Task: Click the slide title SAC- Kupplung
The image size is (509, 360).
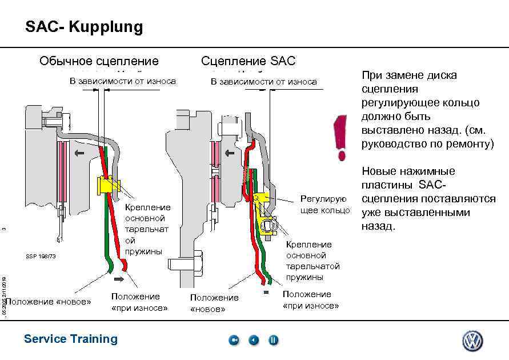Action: pos(84,27)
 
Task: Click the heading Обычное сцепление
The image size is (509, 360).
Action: pos(99,61)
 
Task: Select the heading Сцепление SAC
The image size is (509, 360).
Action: pos(248,61)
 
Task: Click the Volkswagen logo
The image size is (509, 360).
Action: pos(472,341)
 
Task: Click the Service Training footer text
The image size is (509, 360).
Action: pos(71,339)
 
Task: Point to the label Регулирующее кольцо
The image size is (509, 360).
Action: pos(324,205)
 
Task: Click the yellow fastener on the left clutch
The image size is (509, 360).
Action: pos(106,185)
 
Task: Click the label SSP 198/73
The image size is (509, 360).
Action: pos(41,256)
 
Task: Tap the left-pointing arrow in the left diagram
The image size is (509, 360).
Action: pos(79,153)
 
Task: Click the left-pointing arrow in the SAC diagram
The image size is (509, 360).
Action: pos(231,153)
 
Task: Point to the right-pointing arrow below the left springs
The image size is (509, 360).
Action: pos(120,279)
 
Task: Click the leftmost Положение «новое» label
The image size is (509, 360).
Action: pos(49,301)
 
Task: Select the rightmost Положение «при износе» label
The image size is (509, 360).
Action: pos(311,300)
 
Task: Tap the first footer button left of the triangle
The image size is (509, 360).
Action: pos(234,341)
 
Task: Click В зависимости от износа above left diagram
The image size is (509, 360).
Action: pos(122,81)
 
